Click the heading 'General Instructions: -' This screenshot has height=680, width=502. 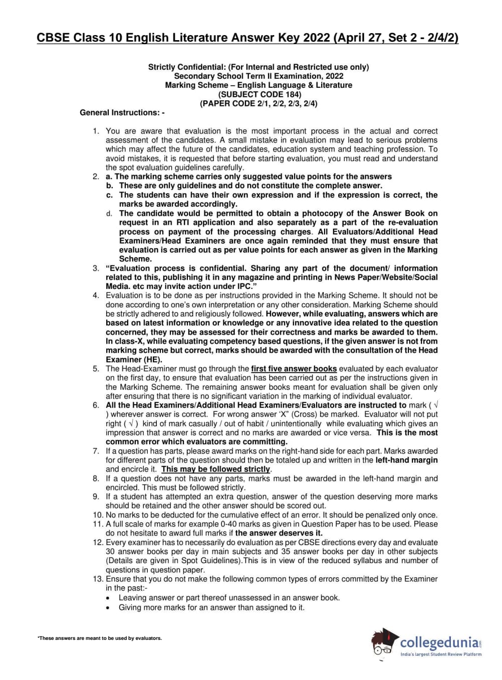122,113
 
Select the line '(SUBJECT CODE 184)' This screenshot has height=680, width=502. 259,94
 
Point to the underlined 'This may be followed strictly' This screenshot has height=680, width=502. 216,469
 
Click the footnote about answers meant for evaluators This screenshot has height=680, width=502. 100,638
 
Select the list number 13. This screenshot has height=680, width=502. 98,579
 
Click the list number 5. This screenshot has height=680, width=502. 96,369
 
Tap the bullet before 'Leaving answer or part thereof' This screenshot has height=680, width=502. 109,598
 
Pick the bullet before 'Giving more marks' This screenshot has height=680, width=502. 109,607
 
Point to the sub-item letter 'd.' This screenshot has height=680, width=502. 109,213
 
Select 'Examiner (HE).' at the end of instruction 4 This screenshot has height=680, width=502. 134,360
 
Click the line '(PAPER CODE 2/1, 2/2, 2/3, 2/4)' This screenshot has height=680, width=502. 259,103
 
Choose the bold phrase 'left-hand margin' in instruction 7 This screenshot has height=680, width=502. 406,460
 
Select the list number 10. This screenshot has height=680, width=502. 98,515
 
